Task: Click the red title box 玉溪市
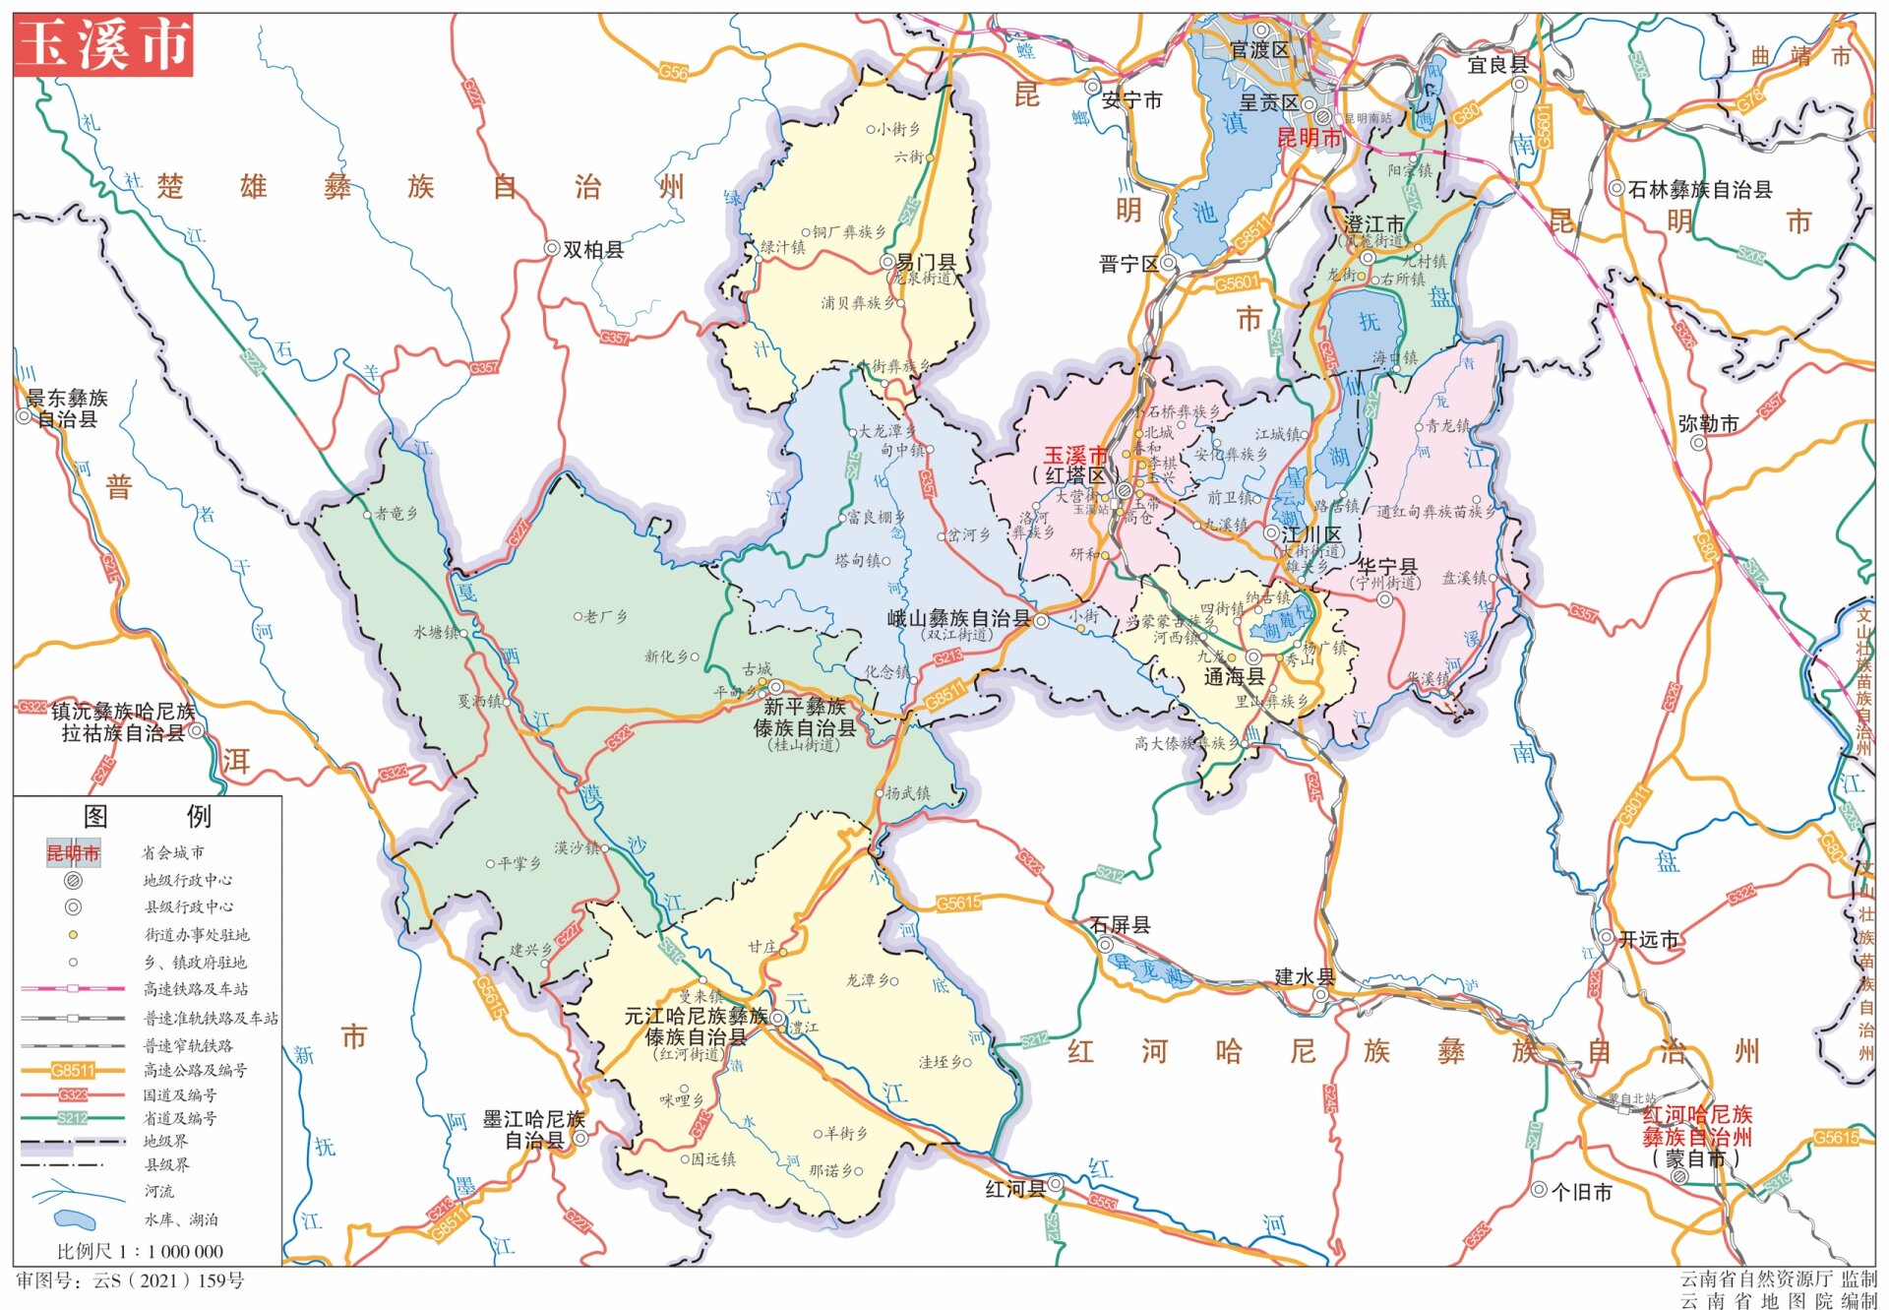pos(103,45)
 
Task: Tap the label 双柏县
pos(592,250)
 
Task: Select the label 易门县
pos(926,263)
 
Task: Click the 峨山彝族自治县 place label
pos(958,619)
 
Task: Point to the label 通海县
pos(1233,677)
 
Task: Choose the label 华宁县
pos(1387,567)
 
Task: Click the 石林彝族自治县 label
pos(1699,190)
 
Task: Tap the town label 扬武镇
pos(907,793)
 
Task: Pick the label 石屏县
pos(1120,925)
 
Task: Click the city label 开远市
pos(1648,940)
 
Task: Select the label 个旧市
pos(1581,1192)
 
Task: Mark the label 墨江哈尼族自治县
pos(533,1130)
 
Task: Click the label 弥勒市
pos(1708,424)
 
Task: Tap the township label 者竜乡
pos(396,514)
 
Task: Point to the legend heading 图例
pos(148,816)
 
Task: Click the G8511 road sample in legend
pos(73,1070)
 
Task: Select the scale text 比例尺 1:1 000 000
pos(140,1251)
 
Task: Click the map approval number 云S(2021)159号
pos(129,1280)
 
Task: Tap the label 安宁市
pos(1131,100)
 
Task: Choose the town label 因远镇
pos(712,1159)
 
